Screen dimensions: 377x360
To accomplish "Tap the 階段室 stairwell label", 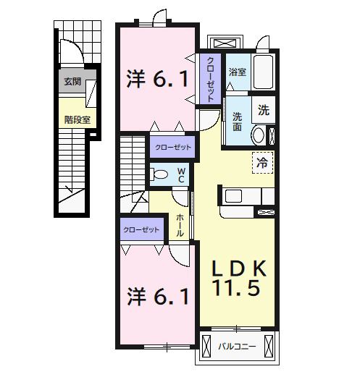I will click(76, 119).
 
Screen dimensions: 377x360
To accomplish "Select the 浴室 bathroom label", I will click(237, 72).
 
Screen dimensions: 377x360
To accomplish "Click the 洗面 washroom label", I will click(237, 122).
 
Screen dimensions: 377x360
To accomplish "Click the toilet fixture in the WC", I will click(159, 173).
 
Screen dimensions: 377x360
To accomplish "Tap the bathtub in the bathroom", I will click(263, 72).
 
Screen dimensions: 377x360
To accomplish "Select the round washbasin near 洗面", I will click(258, 136).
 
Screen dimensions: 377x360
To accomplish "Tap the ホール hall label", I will click(180, 226).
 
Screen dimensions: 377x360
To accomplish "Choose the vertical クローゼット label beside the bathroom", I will click(211, 78).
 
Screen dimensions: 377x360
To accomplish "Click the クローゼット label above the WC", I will click(172, 148).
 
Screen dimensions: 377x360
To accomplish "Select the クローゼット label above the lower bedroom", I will click(141, 229).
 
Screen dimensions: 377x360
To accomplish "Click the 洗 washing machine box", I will click(264, 111).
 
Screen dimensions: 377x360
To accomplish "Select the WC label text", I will click(182, 175).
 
